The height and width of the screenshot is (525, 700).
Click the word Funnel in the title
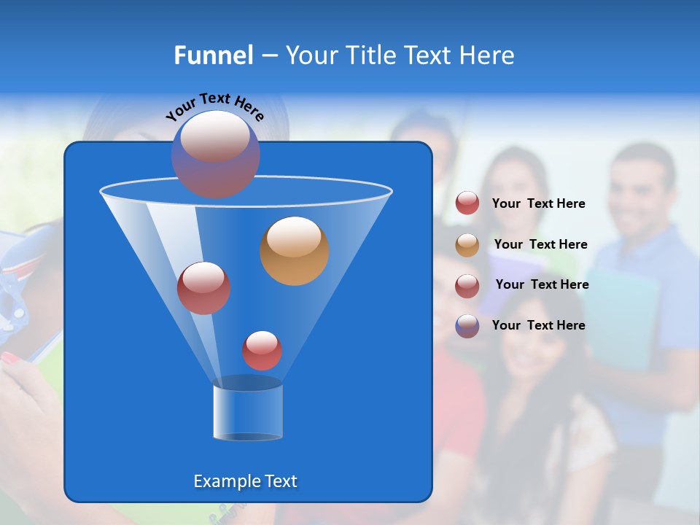[214, 55]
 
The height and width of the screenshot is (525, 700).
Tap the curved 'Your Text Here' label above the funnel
[214, 106]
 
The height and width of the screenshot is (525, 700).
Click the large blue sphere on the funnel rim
[215, 154]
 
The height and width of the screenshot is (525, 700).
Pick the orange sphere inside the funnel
[294, 250]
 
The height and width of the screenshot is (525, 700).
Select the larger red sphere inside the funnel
[203, 288]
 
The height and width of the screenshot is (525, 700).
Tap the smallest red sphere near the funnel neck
[262, 351]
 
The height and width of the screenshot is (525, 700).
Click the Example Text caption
[245, 481]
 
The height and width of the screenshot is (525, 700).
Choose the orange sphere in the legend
[467, 245]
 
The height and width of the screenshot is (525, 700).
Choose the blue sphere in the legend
[467, 326]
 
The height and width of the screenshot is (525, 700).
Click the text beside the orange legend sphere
[540, 244]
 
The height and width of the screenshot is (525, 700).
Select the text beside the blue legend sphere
[538, 325]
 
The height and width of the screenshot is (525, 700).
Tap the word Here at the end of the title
[487, 55]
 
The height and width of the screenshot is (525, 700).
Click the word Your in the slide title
[309, 55]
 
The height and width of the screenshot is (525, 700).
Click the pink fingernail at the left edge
[11, 358]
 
